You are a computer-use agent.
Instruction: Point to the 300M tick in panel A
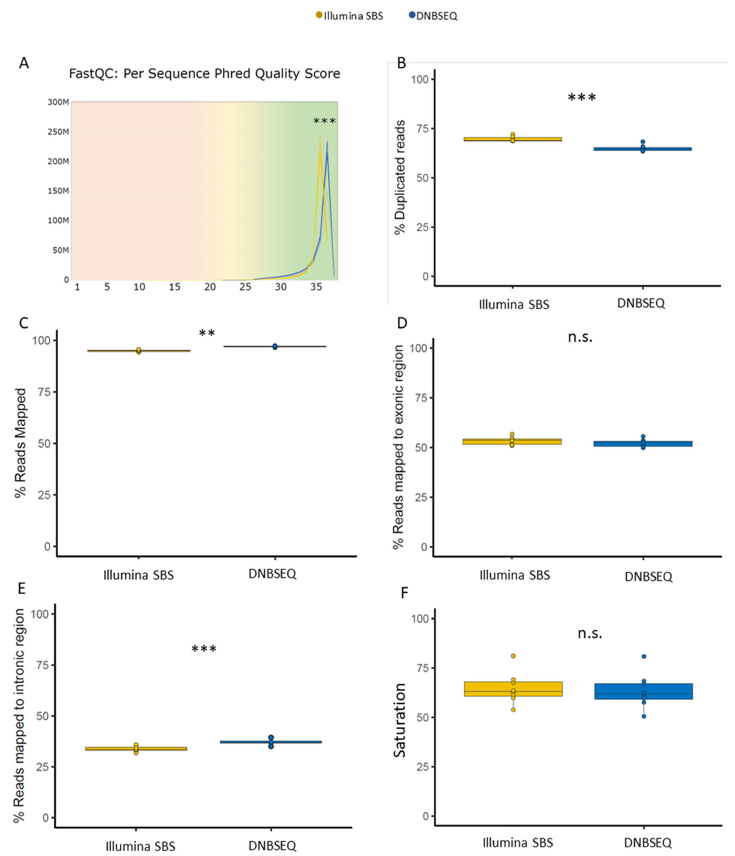pyautogui.click(x=58, y=102)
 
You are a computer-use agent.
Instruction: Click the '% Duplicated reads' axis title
pyautogui.click(x=400, y=178)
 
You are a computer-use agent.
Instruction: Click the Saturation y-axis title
pyautogui.click(x=400, y=720)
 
